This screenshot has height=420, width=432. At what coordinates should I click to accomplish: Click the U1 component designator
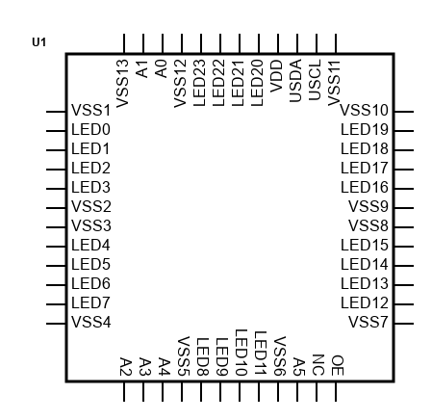[38, 42]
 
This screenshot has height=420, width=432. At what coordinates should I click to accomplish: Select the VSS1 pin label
[90, 110]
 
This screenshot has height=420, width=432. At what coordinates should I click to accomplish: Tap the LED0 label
[90, 129]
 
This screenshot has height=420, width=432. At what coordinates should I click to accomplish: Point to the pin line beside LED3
[56, 189]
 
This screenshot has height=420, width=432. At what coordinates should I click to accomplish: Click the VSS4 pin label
[91, 322]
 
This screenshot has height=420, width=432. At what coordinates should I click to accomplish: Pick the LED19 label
[365, 129]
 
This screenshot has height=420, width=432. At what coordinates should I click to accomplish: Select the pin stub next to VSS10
[404, 112]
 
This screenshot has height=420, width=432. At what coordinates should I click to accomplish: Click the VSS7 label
[368, 322]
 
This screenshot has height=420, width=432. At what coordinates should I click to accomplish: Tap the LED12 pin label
[365, 302]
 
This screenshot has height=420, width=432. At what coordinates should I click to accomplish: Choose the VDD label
[276, 75]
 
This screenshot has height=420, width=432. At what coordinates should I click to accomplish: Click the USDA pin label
[295, 81]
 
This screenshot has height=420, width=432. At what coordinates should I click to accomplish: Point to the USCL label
[315, 80]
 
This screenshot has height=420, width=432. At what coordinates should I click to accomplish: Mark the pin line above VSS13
[124, 43]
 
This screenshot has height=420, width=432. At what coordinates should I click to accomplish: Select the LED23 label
[199, 83]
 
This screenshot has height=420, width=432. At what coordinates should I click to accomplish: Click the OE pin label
[338, 365]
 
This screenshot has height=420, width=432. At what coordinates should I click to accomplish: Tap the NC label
[318, 365]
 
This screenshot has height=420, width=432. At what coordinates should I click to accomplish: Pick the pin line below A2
[124, 391]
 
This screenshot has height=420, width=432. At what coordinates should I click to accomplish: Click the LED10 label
[241, 353]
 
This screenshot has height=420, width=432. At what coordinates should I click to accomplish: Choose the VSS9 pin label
[368, 206]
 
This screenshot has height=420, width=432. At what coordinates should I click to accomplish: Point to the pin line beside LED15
[404, 247]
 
